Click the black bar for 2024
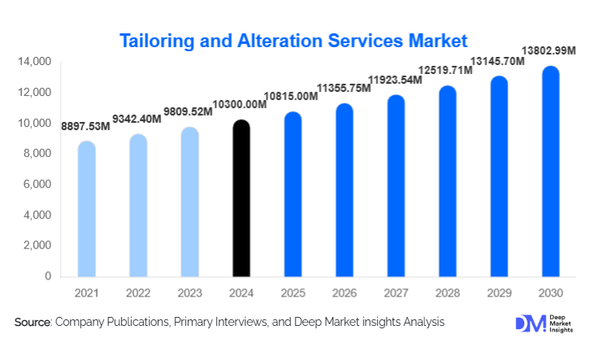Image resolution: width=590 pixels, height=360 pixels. pyautogui.click(x=241, y=199)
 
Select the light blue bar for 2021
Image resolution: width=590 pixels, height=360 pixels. pyautogui.click(x=87, y=210)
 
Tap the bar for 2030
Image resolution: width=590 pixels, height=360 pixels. pyautogui.click(x=550, y=171)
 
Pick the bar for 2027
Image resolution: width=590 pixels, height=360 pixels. pyautogui.click(x=396, y=186)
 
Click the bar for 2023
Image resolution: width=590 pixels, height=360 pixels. pyautogui.click(x=190, y=202)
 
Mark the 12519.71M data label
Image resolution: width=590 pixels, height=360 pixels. pyautogui.click(x=445, y=70)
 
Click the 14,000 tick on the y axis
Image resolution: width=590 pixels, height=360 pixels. pyautogui.click(x=34, y=62)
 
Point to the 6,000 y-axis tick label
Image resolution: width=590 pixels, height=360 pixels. pyautogui.click(x=37, y=184)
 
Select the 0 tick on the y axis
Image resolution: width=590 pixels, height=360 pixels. pyautogui.click(x=48, y=276)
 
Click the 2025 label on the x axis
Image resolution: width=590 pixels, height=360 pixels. pyautogui.click(x=293, y=291)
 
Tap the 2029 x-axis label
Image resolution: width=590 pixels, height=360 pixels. pyautogui.click(x=499, y=291)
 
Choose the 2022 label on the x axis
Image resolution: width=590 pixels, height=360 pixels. pyautogui.click(x=138, y=291)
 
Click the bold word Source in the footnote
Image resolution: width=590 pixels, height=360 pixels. pyautogui.click(x=33, y=323)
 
